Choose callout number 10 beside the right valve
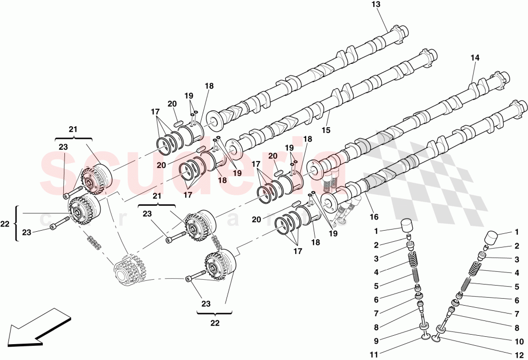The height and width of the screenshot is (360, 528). [x=518, y=341]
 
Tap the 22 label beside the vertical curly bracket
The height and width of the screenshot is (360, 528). [x=5, y=224]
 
